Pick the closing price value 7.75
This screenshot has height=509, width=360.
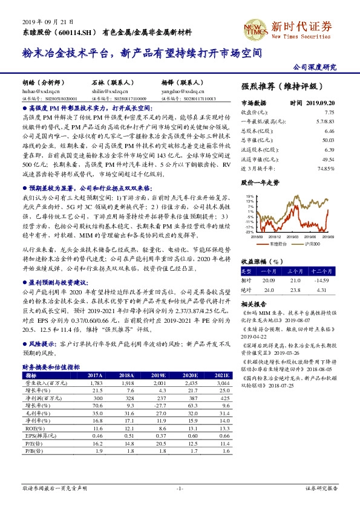329,112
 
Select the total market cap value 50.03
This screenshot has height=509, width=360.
329,139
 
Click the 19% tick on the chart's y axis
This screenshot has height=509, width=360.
250,196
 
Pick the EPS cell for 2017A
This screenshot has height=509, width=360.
96,435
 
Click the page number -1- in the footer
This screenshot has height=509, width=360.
180,487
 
